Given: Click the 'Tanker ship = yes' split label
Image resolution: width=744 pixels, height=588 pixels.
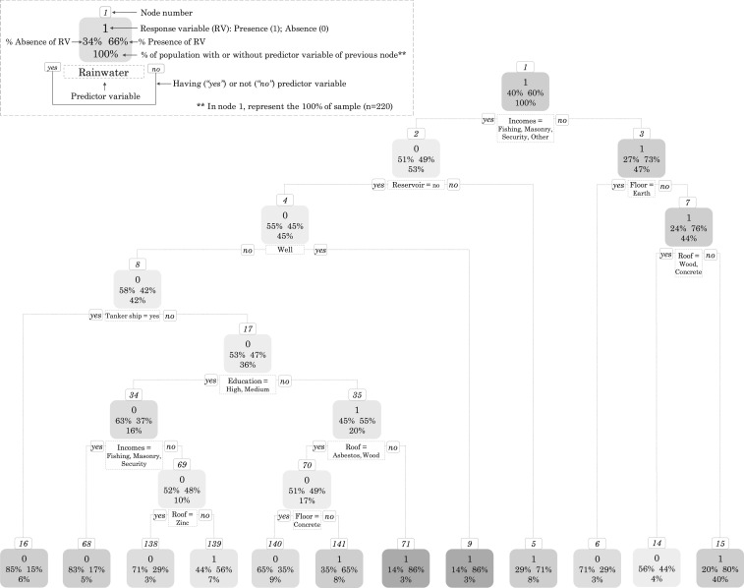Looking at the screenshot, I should pyautogui.click(x=133, y=316).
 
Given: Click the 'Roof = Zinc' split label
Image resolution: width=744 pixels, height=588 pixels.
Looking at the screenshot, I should pyautogui.click(x=181, y=516).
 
